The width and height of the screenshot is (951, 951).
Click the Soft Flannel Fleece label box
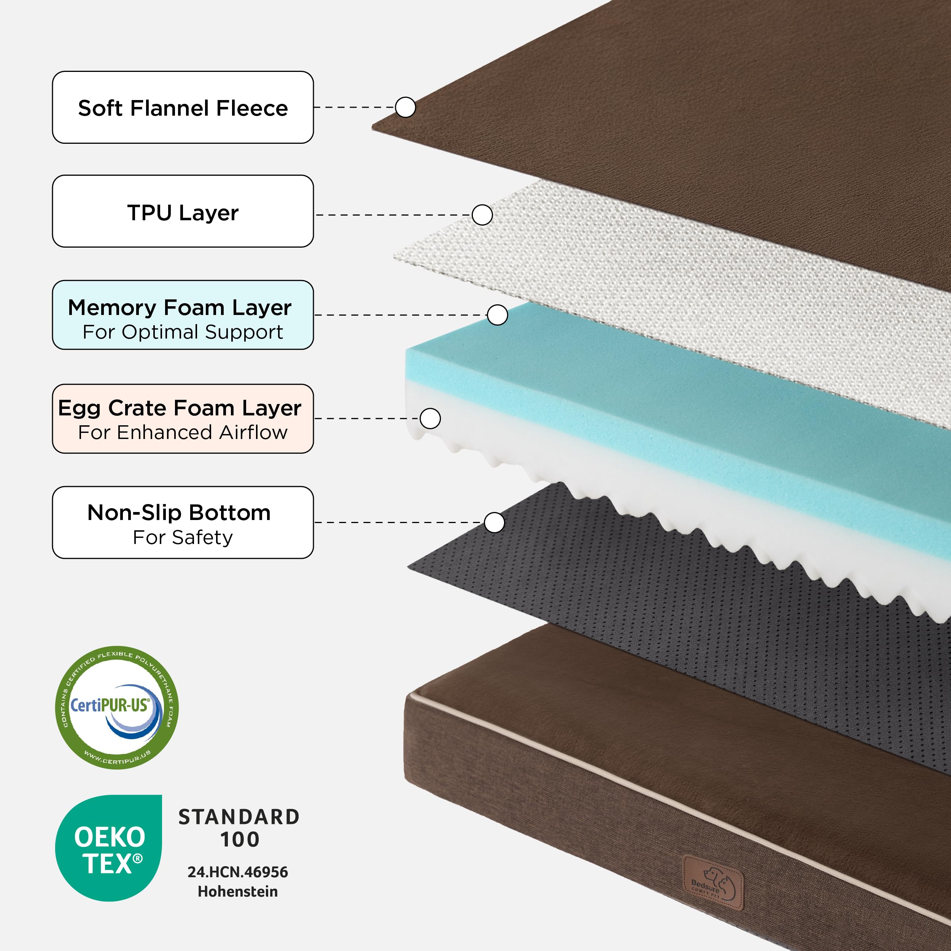[183, 107]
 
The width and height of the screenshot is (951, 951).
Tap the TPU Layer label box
[183, 211]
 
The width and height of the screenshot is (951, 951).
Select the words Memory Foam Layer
[180, 308]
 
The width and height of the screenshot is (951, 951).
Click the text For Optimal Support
[183, 332]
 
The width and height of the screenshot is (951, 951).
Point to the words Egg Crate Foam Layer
[180, 408]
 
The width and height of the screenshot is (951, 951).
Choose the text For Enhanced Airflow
[183, 432]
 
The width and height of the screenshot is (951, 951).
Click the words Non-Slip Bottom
[179, 512]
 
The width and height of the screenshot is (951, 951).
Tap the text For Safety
[183, 537]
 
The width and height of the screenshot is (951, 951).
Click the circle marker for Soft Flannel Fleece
[406, 107]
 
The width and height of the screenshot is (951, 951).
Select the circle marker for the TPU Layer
[482, 215]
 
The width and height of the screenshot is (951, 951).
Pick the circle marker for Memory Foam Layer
[498, 315]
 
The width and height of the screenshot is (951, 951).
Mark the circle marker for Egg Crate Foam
[430, 418]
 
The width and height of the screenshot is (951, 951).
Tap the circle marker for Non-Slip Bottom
[494, 522]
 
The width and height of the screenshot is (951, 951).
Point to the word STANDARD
[239, 817]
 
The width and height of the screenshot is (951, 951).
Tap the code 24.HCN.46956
[238, 872]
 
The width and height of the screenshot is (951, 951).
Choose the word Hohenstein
[238, 891]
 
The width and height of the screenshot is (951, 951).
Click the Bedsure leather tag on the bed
[713, 883]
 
